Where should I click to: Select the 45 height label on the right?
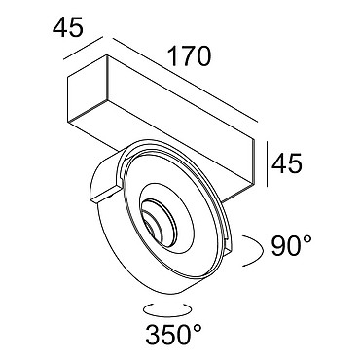tap(287, 162)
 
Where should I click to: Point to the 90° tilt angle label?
tap(292, 246)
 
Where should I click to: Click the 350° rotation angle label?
tap(174, 334)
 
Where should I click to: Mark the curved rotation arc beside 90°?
tap(260, 250)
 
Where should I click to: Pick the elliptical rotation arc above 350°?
tap(167, 310)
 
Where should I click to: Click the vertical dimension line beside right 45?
tap(267, 163)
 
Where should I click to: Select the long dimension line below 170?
tap(185, 81)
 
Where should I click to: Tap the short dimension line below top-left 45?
tap(84, 48)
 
